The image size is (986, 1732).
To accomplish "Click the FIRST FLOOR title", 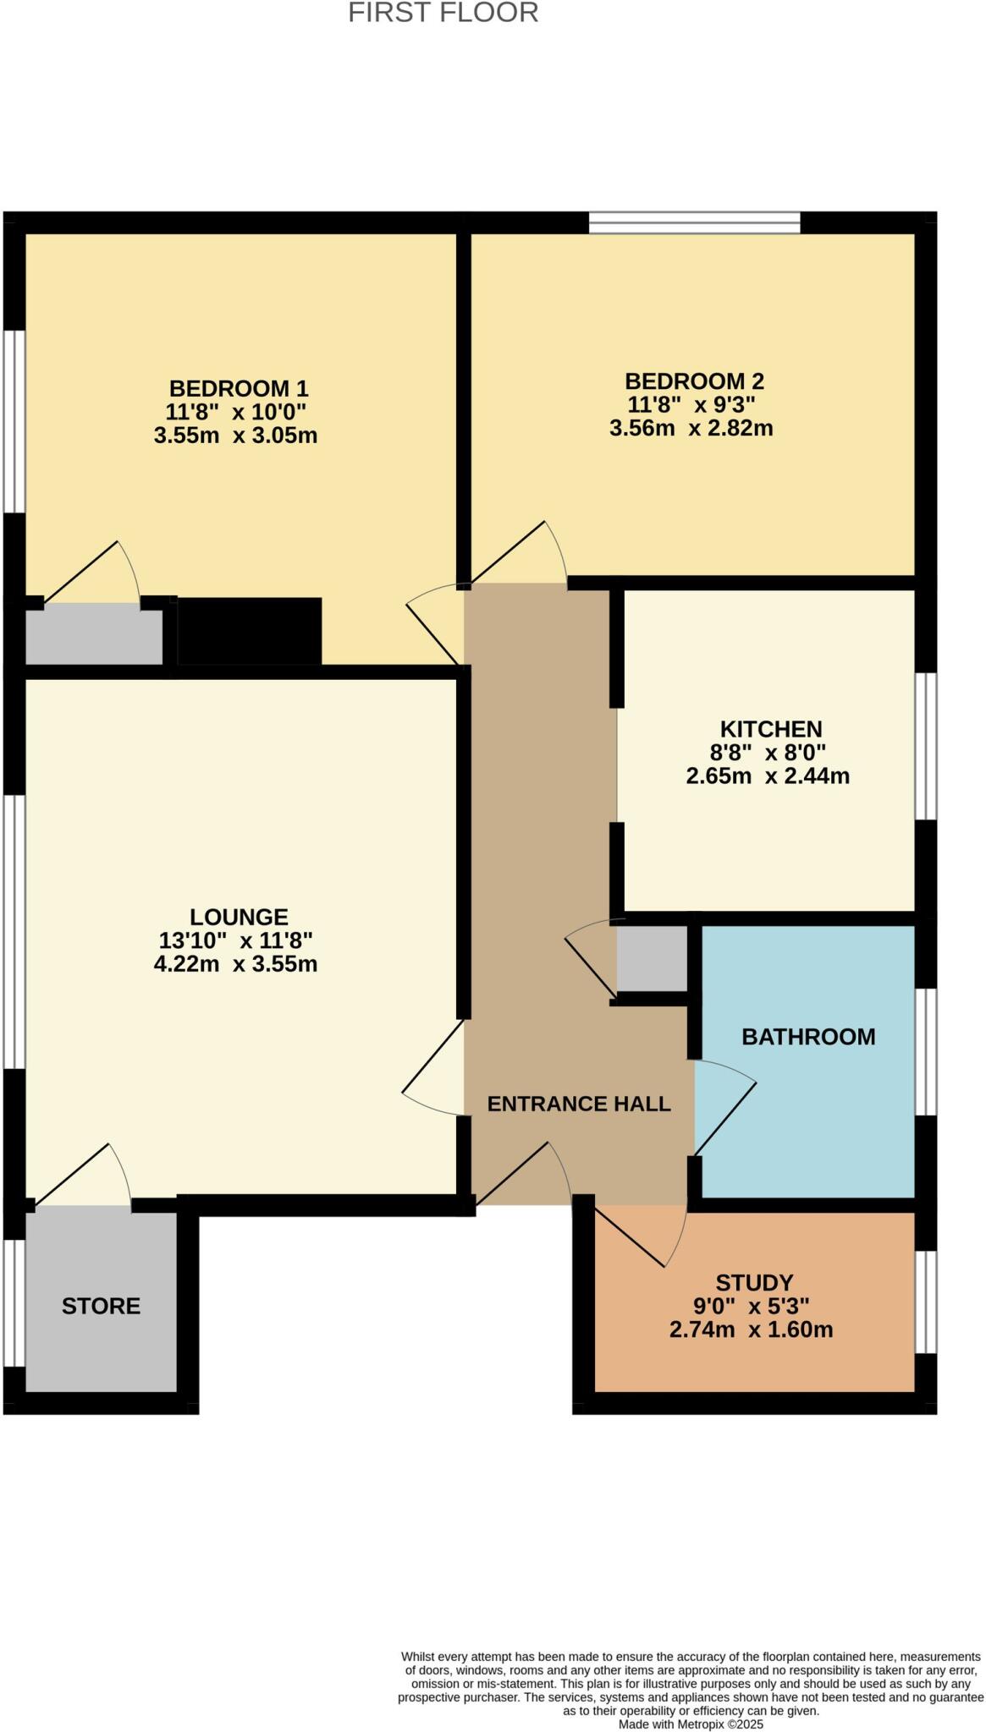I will [x=443, y=14].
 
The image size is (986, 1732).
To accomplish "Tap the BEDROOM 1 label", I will [x=239, y=389].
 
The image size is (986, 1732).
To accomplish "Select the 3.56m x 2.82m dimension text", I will [x=691, y=428].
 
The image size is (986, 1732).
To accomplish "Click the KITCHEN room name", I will [x=770, y=729].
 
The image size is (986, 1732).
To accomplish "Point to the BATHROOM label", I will [x=808, y=1037].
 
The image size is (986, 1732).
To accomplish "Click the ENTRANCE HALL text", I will [x=579, y=1104].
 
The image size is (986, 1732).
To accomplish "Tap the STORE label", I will [x=101, y=1306].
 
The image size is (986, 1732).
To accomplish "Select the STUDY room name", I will [x=754, y=1282].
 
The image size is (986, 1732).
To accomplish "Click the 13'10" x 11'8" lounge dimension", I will [x=235, y=940].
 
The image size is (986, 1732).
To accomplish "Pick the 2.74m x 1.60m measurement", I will [x=751, y=1329].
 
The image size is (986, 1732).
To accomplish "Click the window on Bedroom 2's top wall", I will [x=694, y=222].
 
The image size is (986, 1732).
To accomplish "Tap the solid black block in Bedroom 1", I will [x=249, y=631].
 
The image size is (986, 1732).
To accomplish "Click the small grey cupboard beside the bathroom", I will [x=651, y=958].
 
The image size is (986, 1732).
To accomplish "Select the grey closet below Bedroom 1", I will [x=93, y=637].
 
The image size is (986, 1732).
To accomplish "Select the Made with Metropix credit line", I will [x=691, y=1724].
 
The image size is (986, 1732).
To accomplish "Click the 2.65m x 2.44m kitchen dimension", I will [x=768, y=776].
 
